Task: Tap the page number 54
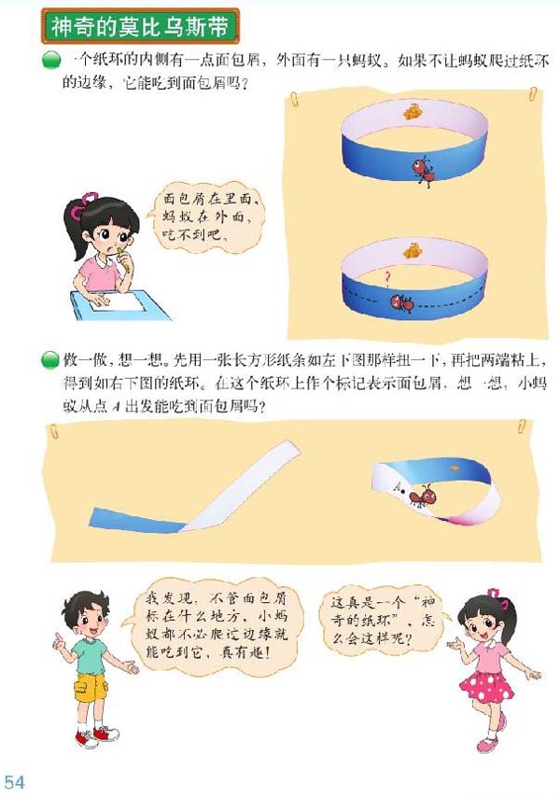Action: (14, 780)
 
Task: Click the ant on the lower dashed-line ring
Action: (402, 302)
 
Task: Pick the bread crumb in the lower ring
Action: (410, 249)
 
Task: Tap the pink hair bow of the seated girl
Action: (90, 199)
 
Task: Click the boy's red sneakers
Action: (98, 735)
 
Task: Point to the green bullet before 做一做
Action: (49, 359)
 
